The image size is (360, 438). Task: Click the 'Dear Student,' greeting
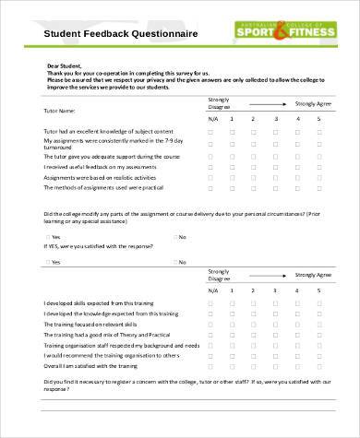(x=64, y=67)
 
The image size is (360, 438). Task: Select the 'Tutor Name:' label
(x=61, y=110)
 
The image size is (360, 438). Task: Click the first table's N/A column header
(x=212, y=119)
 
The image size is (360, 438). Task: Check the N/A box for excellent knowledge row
(x=211, y=133)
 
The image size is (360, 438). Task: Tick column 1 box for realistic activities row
(x=233, y=176)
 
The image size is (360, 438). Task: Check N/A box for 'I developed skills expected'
(x=211, y=303)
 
